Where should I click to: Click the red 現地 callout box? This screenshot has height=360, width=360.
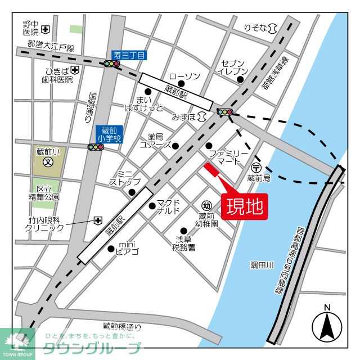point(244,206)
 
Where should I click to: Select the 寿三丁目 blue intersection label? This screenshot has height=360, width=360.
point(129,55)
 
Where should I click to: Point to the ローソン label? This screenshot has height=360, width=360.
point(184,76)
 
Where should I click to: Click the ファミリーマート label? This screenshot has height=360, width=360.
point(228,157)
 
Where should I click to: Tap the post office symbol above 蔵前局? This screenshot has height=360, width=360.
point(256,166)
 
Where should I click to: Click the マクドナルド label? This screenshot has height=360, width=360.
point(168,206)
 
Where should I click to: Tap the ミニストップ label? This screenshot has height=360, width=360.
point(124,178)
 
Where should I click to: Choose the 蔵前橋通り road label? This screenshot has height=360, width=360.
point(122,326)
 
